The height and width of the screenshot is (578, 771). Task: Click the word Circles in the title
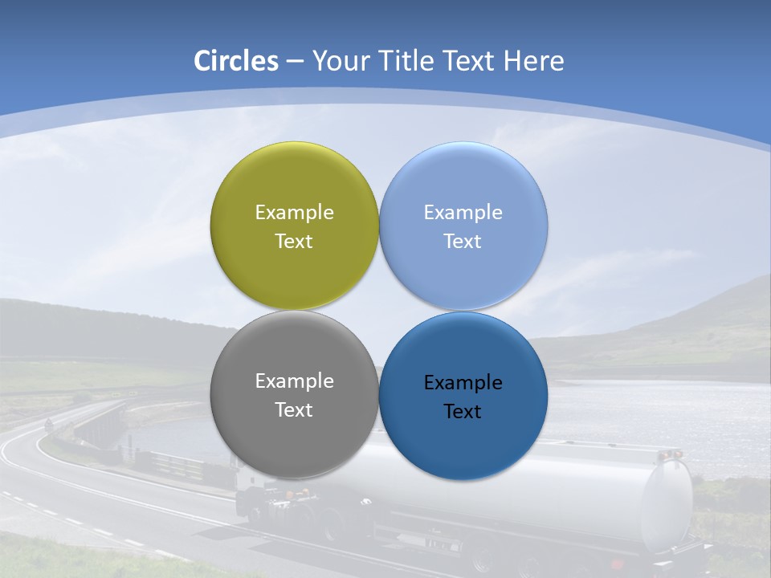click(x=235, y=61)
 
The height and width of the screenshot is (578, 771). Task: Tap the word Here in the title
click(x=533, y=61)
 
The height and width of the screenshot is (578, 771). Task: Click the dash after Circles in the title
click(x=294, y=61)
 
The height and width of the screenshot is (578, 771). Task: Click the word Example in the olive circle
click(x=294, y=212)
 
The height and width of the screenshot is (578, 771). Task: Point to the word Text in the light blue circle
click(x=463, y=241)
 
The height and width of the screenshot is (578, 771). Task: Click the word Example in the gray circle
click(x=294, y=381)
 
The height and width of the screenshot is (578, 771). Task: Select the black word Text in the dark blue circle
click(x=463, y=411)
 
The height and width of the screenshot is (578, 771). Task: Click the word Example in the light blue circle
click(x=463, y=212)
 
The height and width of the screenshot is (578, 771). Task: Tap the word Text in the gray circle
click(x=294, y=409)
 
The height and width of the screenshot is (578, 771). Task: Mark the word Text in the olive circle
click(x=294, y=241)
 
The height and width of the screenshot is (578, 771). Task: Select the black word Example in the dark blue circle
click(x=463, y=382)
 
